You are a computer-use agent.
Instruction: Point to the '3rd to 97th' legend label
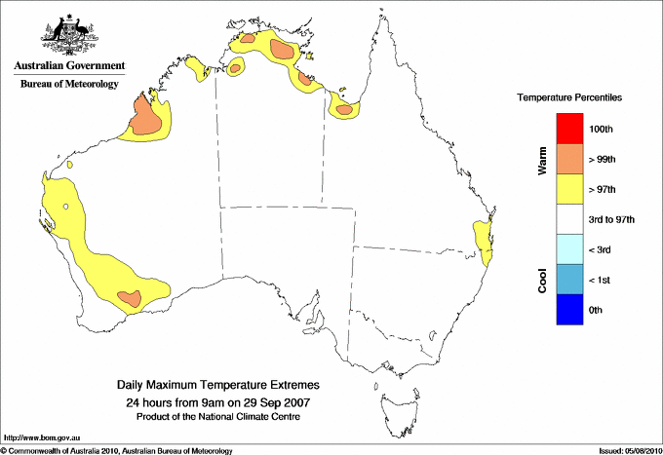[x=612, y=220]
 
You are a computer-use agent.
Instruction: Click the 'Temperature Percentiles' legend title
[x=569, y=98]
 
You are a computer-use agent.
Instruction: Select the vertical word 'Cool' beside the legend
[x=542, y=282]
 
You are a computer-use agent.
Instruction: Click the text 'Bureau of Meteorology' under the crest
[x=69, y=84]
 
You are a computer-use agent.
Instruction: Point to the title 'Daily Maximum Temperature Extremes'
[x=217, y=386]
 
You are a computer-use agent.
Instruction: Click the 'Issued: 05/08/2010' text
[x=625, y=450]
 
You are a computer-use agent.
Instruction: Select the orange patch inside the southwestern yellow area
[x=130, y=297]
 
